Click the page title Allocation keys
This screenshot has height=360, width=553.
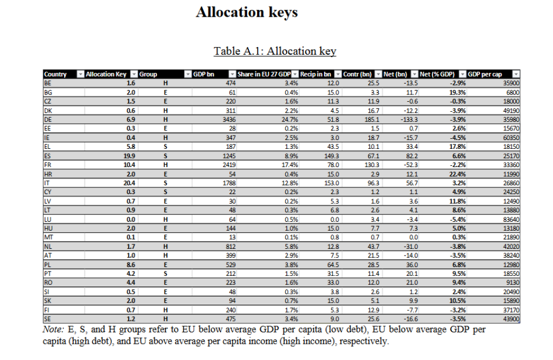(247, 12)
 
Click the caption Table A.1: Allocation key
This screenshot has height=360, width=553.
(275, 51)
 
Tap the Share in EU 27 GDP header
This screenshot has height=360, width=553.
(264, 74)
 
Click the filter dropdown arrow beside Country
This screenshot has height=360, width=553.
(81, 74)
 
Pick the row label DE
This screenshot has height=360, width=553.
(48, 119)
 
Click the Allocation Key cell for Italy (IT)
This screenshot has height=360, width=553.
(129, 183)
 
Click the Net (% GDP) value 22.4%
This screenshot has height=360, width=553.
(457, 174)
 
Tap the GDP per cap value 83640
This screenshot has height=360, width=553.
(511, 220)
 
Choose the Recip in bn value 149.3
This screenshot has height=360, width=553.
(331, 156)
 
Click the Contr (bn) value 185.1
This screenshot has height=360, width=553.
(372, 119)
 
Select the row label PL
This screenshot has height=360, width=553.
(48, 265)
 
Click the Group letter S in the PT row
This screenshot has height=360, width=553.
(165, 274)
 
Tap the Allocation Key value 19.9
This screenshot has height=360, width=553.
(129, 156)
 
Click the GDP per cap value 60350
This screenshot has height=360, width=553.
(511, 138)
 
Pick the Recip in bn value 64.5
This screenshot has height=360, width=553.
(333, 265)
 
